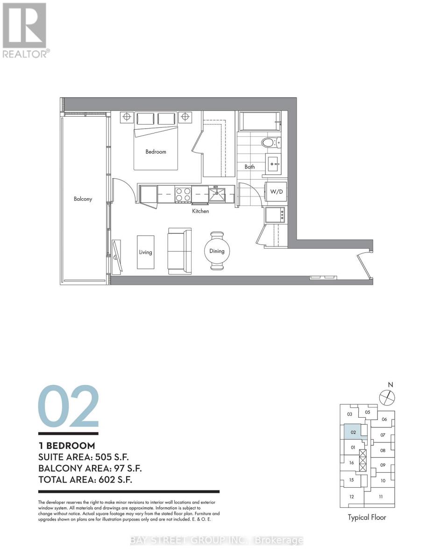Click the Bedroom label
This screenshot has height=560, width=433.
click(156, 152)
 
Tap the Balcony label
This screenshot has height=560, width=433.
click(83, 199)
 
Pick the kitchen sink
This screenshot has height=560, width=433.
click(217, 193)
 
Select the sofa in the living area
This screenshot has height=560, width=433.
click(179, 251)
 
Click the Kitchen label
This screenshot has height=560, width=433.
click(200, 211)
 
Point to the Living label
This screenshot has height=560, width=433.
click(145, 252)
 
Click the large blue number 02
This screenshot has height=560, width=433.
click(68, 406)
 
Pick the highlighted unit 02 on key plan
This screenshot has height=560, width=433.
click(354, 432)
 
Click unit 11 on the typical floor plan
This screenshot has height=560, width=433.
click(381, 497)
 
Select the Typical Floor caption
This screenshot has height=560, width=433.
click(367, 517)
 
